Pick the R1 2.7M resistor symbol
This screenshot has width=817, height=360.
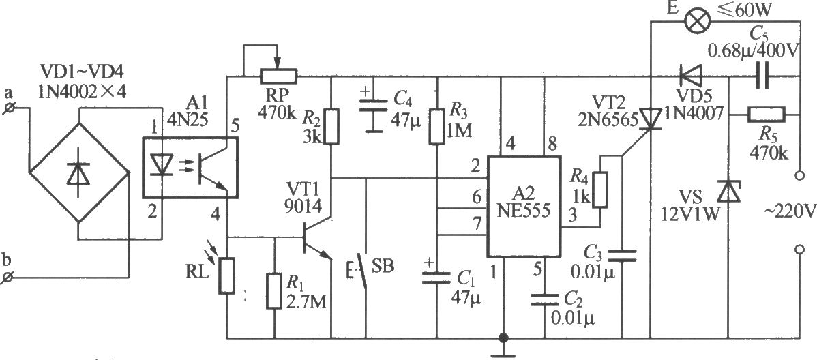pos(274,291)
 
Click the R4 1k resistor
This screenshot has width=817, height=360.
pos(601,190)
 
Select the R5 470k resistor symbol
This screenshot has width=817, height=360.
pos(765,115)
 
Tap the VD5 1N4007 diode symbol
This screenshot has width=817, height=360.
pos(690,77)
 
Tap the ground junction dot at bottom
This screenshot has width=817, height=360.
pos(503,337)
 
